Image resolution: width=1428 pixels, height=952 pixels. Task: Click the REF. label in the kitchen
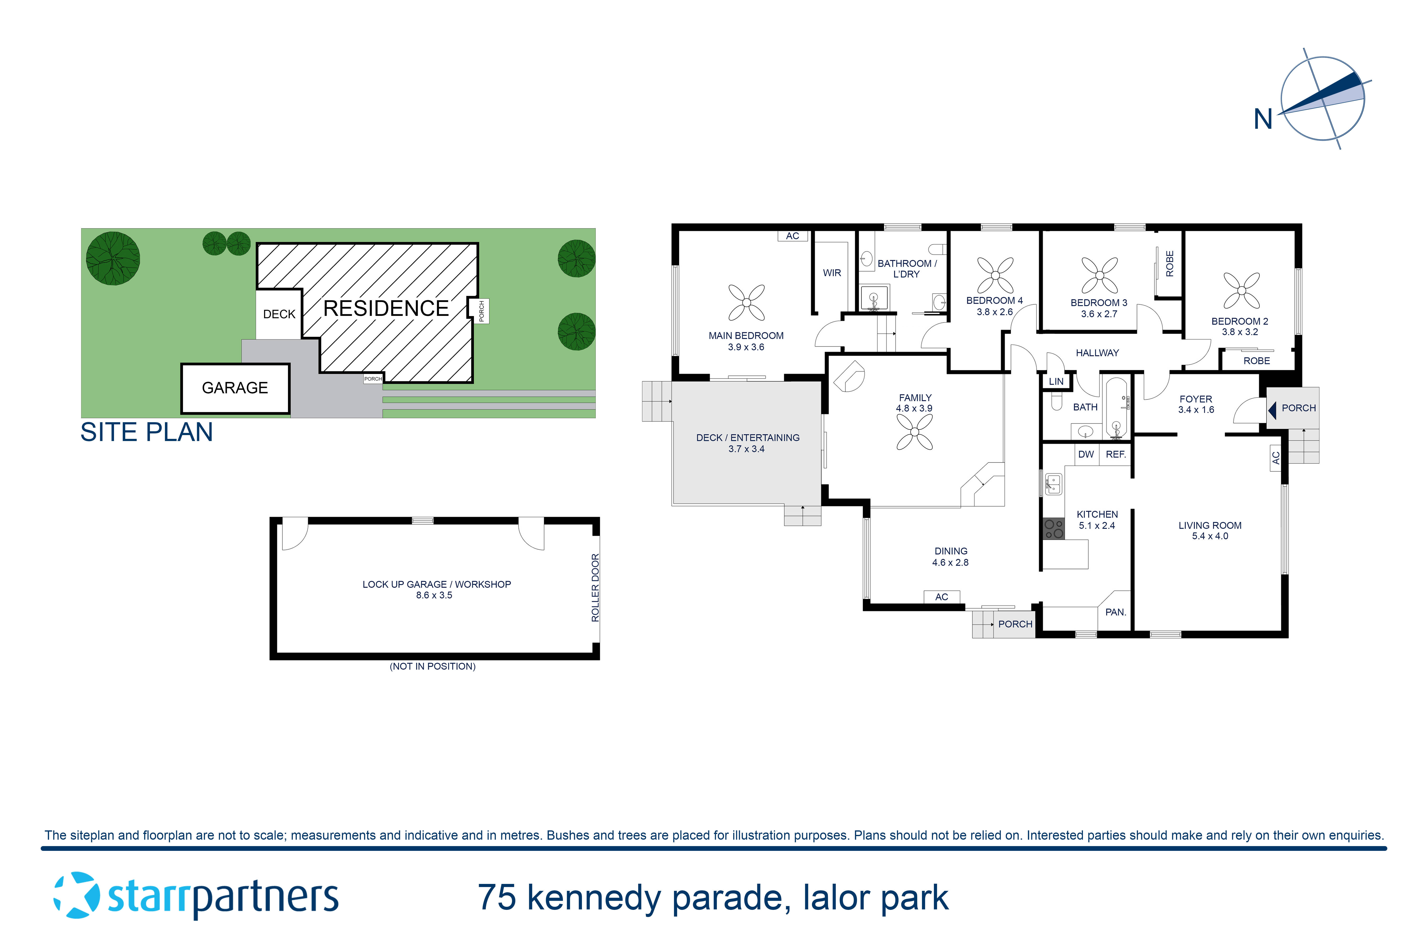point(1115,454)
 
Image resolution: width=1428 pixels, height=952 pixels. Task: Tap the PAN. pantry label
point(1115,612)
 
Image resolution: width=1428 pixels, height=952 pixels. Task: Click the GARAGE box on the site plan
point(235,388)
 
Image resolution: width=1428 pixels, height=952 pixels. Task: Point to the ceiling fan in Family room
point(914,432)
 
